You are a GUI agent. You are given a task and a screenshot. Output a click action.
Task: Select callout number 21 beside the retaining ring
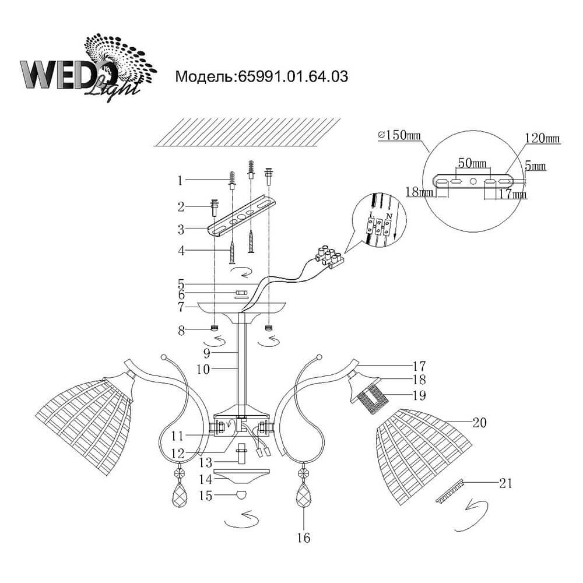pos(506,482)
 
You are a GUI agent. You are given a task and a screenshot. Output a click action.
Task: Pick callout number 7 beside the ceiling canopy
pos(181,306)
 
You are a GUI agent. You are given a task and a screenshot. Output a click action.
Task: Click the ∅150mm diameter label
pos(399,135)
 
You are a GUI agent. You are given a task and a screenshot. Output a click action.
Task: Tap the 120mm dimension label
pos(542,139)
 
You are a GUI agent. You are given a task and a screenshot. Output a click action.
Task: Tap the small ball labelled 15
pos(240,496)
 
